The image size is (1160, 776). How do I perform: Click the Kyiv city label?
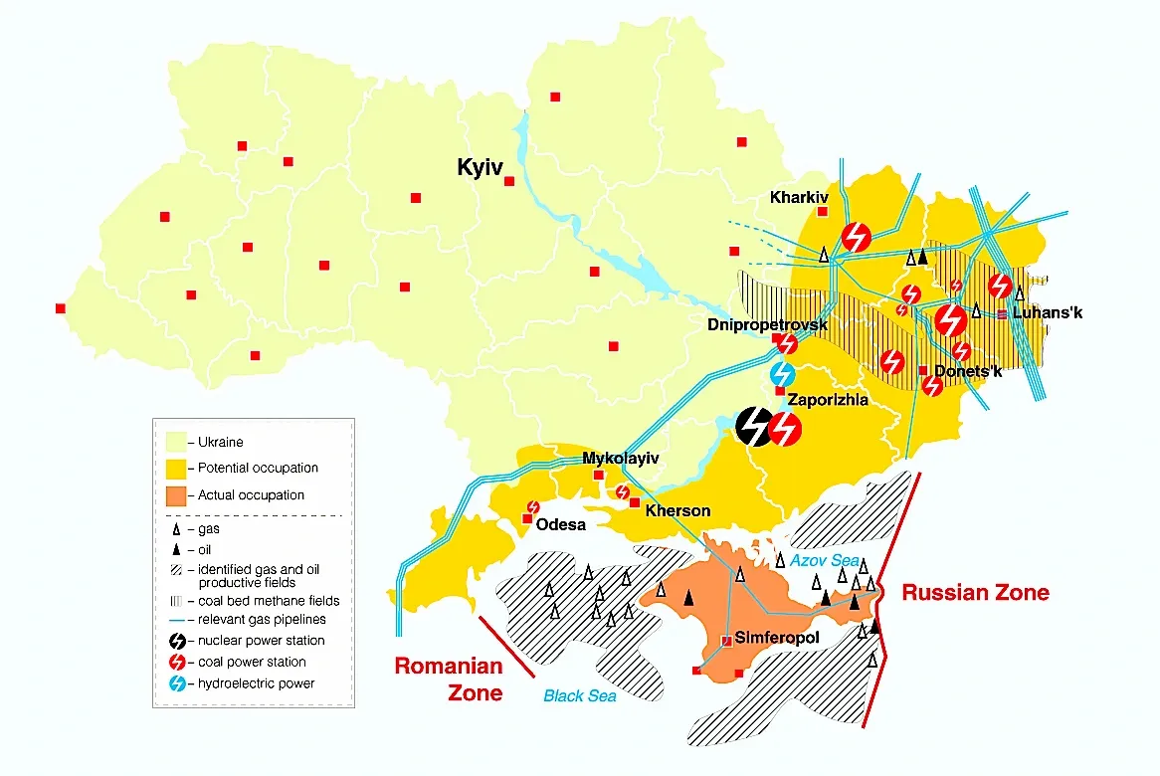[481, 167]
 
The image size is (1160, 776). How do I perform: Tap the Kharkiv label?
[799, 198]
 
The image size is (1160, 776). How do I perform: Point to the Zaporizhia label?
[828, 400]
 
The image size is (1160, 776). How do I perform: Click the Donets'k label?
[970, 372]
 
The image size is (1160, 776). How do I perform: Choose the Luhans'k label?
[1047, 312]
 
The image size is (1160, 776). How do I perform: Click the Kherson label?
[677, 510]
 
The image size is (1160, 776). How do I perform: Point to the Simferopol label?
[777, 638]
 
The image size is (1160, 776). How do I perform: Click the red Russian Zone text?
[975, 593]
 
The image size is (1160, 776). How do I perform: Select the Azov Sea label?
[825, 561]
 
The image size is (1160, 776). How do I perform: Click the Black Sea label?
[579, 696]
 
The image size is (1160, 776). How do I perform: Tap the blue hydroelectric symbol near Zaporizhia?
[783, 374]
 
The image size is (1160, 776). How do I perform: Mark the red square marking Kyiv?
[509, 181]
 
